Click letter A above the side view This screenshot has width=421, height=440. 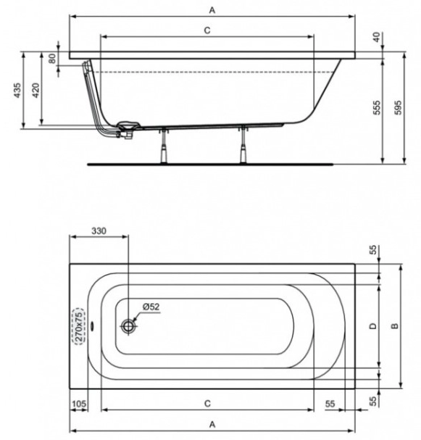(x=212, y=9)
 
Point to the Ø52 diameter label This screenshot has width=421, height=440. (x=151, y=307)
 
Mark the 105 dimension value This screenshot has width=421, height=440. (x=79, y=402)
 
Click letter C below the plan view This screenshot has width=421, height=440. (x=207, y=402)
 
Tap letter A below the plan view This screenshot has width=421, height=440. (x=212, y=423)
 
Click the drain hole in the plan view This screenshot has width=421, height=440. (x=129, y=326)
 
